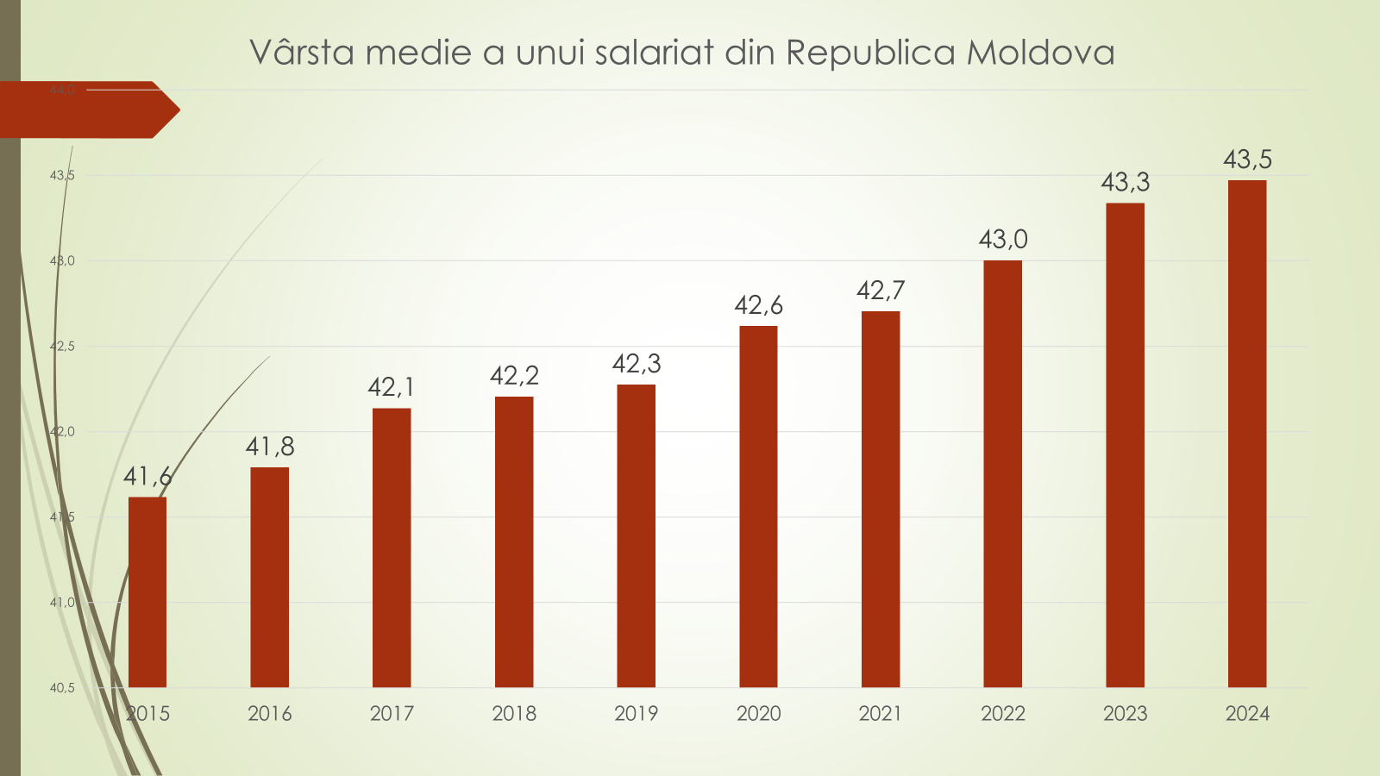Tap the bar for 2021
881,499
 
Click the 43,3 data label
1125,182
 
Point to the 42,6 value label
758,305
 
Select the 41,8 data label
270,447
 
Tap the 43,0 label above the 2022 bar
1003,239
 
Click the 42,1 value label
392,387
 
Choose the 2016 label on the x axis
270,713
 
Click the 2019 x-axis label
637,713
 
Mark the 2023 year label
1125,713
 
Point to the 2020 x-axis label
758,713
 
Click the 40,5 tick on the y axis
62,688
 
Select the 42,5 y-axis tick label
62,347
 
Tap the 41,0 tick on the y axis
62,603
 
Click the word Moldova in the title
1040,53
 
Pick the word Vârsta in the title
302,53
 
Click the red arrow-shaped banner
86,110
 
